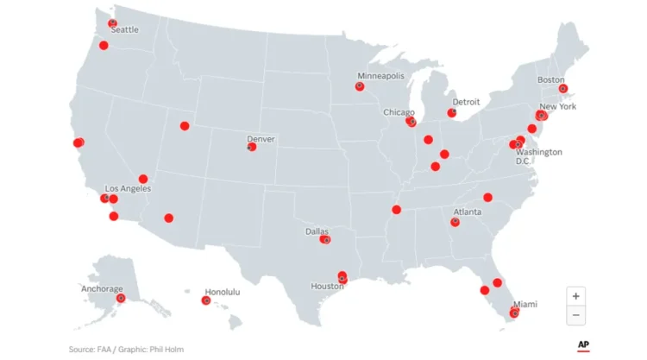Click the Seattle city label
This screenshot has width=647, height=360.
pos(124,29)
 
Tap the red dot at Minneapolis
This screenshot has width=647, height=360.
pos(360,86)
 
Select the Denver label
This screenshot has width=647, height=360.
pos(261,138)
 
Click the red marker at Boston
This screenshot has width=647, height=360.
pos(562,88)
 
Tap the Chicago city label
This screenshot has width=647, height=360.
pos(399,112)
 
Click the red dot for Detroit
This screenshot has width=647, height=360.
pos(451,113)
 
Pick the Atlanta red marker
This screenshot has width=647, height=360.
pos(455,222)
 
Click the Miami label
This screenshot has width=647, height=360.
pos(525,304)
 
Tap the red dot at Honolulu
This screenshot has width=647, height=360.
pos(205,300)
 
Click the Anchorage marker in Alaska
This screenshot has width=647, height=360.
pos(121,298)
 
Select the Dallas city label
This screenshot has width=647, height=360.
pos(317,231)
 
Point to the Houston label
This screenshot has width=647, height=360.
pos(328,286)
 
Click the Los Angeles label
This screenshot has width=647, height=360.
pos(128,188)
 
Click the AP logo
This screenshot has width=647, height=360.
pos(583,344)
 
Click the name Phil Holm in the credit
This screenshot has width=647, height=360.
pos(167,349)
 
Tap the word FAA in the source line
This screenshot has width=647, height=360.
pos(99,349)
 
